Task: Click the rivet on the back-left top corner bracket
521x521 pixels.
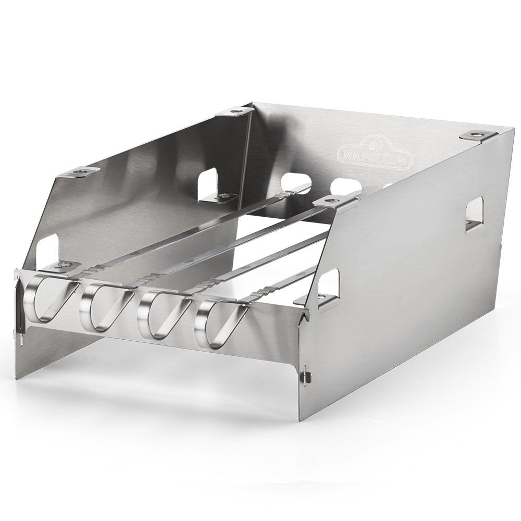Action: click(235, 110)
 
